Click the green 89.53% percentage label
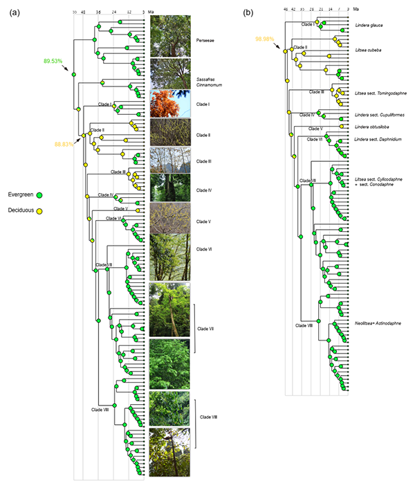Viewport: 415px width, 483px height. (x=53, y=62)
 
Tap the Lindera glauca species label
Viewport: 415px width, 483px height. (x=369, y=26)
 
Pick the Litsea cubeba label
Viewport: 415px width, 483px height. (x=367, y=51)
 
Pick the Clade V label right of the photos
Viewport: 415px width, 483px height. (x=203, y=221)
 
